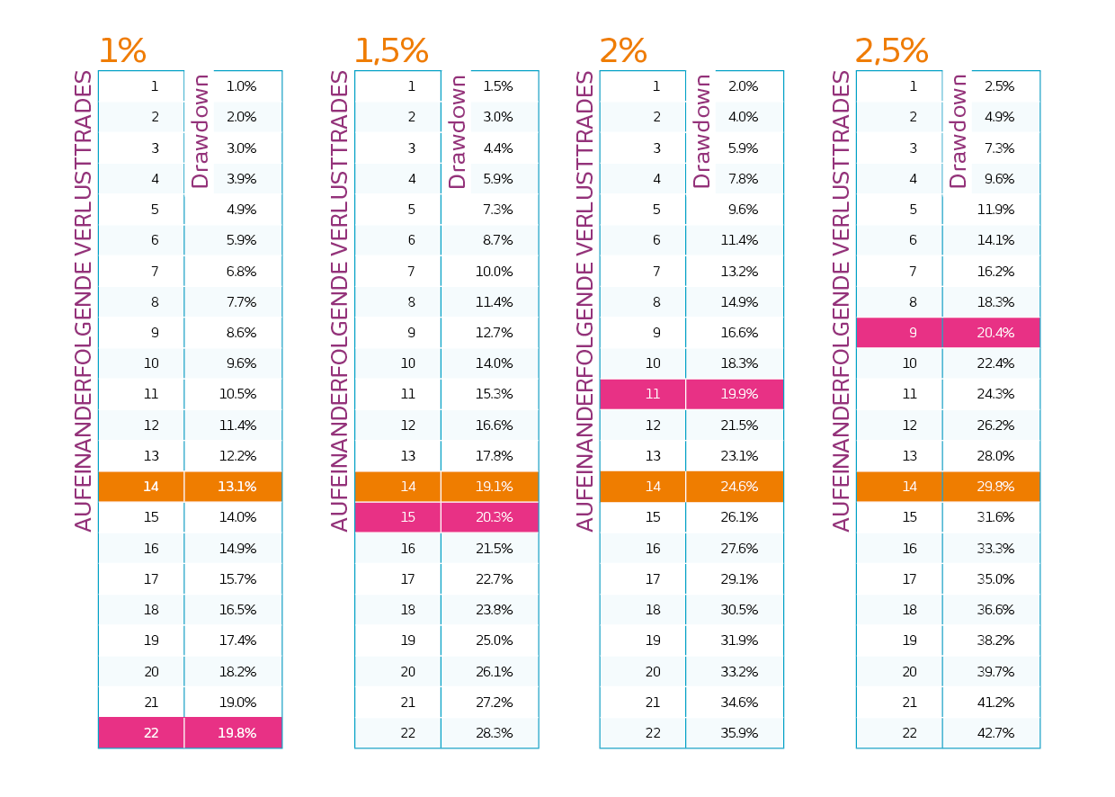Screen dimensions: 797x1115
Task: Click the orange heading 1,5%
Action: coord(390,51)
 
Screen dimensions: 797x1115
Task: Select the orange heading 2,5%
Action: coord(891,51)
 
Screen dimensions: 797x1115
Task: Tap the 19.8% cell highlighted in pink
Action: coord(236,733)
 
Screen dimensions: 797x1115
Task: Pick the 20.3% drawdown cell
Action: coord(494,517)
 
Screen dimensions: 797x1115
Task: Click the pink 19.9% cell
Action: coord(738,394)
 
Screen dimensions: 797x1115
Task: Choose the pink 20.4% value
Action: coord(995,333)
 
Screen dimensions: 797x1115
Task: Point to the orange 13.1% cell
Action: coord(236,487)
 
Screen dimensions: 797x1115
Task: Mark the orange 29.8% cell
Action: coord(995,487)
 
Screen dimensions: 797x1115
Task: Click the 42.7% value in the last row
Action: coord(995,733)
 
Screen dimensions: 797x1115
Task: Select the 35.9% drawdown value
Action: coord(738,733)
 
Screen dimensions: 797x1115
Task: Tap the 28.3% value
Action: coord(494,733)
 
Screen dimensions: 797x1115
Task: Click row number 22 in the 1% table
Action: coord(151,733)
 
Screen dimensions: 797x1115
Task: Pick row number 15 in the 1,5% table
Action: coord(408,517)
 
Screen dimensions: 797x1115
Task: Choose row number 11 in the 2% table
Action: coord(653,394)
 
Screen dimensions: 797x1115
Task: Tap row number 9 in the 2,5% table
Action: coord(913,333)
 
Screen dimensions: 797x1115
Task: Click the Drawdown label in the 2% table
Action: coord(702,131)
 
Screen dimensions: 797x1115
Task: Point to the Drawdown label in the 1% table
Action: coord(201,131)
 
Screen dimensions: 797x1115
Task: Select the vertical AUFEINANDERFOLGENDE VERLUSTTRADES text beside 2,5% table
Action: coord(842,301)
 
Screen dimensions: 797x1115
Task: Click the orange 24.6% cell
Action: coord(738,487)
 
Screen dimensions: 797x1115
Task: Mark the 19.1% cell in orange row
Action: coord(494,487)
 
